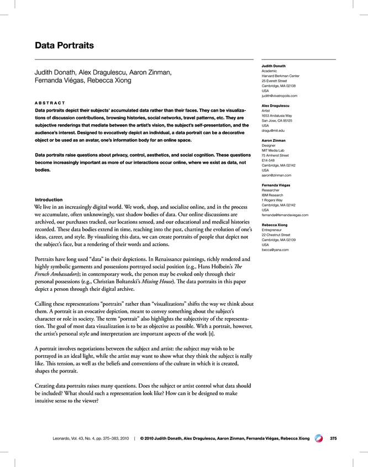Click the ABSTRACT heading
coord(50,103)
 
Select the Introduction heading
coord(49,199)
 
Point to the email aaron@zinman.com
coord(276,176)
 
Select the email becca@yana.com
coord(274,250)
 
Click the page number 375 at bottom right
coord(333,438)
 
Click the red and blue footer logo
coord(319,438)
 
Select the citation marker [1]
coord(212,335)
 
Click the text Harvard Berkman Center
coord(280,76)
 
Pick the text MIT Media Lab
coord(274,151)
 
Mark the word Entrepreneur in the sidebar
coord(272,230)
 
